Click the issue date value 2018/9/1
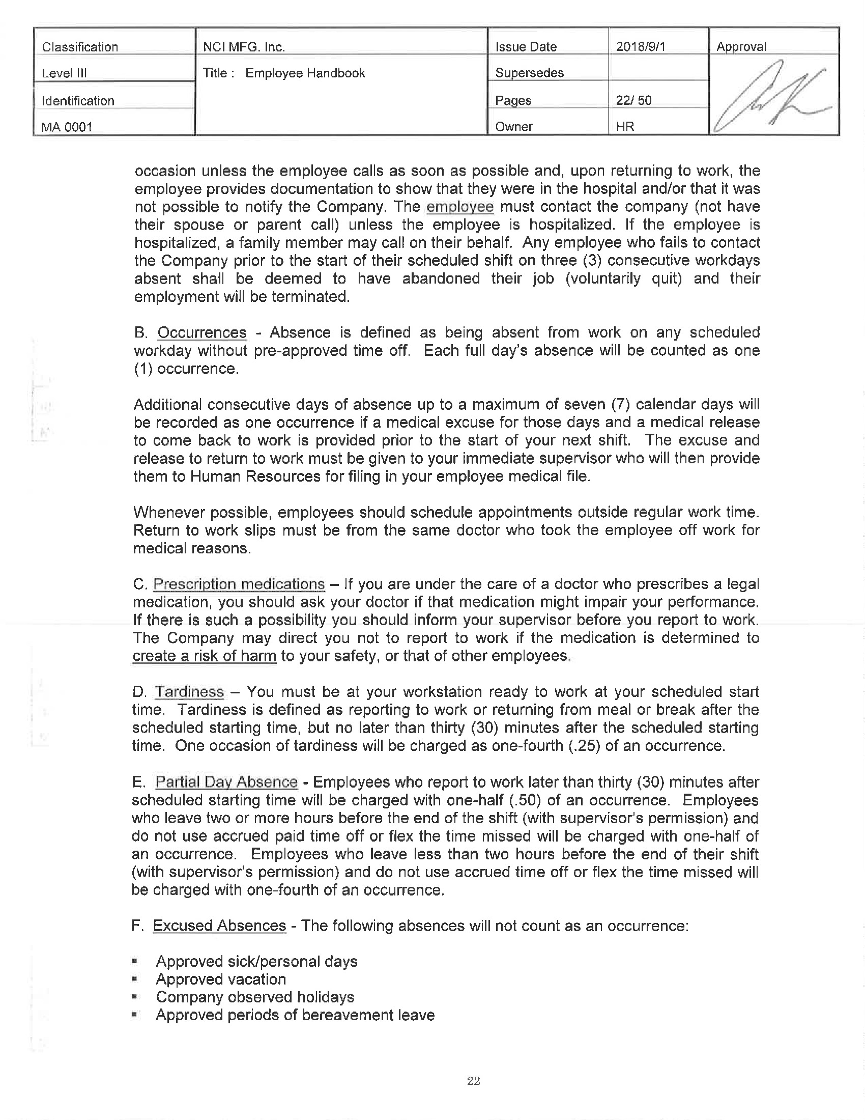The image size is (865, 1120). [x=640, y=47]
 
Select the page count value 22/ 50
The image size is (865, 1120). [x=633, y=100]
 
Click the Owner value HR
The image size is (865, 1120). [x=625, y=126]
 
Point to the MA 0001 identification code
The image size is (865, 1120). [x=67, y=126]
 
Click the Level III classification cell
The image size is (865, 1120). [x=64, y=73]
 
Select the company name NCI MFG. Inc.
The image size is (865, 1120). [x=244, y=47]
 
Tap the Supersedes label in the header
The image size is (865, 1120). [x=529, y=73]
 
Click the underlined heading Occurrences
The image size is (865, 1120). [x=202, y=333]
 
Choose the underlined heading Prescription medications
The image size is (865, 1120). [x=239, y=584]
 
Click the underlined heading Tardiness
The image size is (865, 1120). [x=190, y=692]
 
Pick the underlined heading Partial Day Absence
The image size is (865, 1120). [x=226, y=781]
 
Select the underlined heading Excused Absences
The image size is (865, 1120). [x=219, y=926]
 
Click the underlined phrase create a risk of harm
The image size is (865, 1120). [x=204, y=656]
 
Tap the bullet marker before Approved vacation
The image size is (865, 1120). [x=135, y=979]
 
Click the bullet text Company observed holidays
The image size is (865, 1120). [x=255, y=997]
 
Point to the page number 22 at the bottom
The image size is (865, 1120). [x=474, y=1081]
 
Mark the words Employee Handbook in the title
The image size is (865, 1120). [x=305, y=73]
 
